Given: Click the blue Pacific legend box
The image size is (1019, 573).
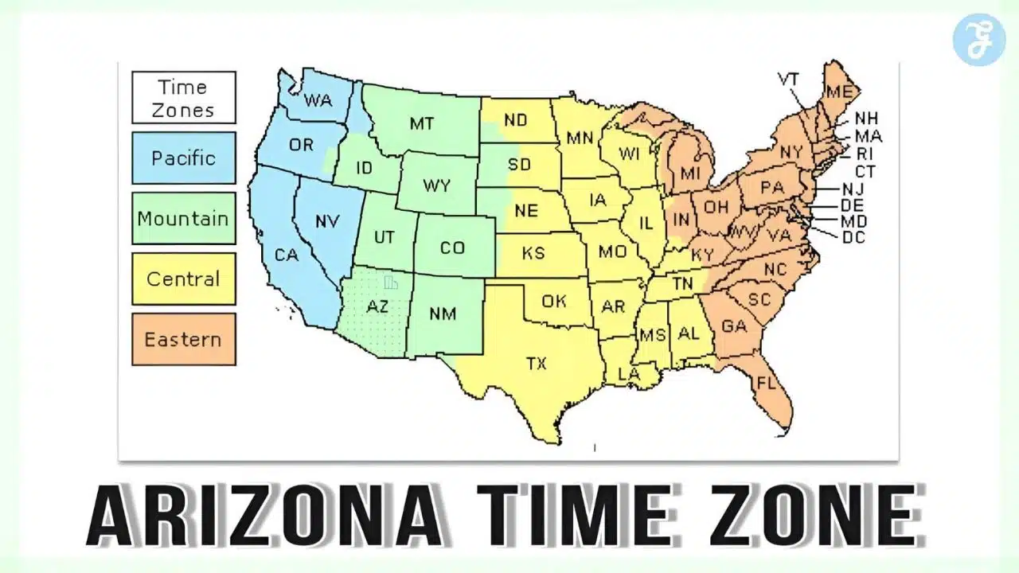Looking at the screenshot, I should click(x=184, y=158).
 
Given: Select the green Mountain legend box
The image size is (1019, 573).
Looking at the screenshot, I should click(x=184, y=218).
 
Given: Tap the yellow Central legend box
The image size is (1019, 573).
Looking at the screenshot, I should click(x=184, y=279).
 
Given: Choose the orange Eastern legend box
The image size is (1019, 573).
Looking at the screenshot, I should click(x=184, y=339).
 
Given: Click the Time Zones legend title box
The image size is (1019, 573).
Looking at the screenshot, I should click(x=184, y=98).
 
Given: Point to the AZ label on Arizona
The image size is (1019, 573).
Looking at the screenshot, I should click(x=377, y=306).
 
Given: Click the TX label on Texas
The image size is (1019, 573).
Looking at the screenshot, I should click(x=537, y=363).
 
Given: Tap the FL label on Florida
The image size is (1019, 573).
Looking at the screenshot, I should click(x=766, y=383).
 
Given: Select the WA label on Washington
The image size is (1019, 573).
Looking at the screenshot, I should click(x=318, y=102).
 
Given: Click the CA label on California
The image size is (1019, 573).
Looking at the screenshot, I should click(x=287, y=255).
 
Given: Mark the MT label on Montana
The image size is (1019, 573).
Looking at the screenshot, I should click(x=422, y=123).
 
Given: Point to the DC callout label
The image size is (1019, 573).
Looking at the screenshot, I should click(x=853, y=237).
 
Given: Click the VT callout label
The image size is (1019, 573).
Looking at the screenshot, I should click(x=788, y=80).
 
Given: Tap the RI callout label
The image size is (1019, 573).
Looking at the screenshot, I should click(x=865, y=154).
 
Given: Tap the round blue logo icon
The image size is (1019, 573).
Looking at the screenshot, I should click(x=979, y=39).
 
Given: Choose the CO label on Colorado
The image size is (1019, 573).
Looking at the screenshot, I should click(x=452, y=248).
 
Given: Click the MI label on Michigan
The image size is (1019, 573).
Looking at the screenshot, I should click(x=689, y=173).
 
